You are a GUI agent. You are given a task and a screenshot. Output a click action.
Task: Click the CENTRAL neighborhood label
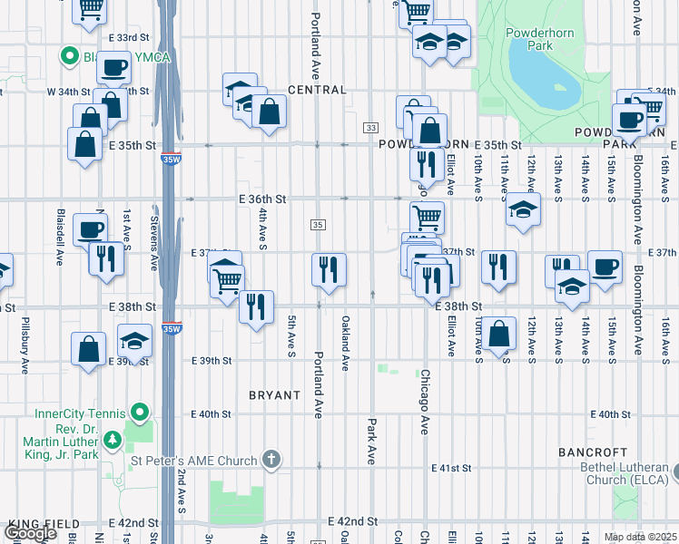pyautogui.click(x=317, y=90)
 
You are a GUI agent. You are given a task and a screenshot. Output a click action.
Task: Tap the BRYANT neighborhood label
pyautogui.click(x=274, y=395)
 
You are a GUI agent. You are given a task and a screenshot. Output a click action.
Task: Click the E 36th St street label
pyautogui.click(x=263, y=199)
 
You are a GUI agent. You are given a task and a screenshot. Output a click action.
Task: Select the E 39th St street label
pyautogui.click(x=212, y=360)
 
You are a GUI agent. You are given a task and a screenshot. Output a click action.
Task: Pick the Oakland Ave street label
pyautogui.click(x=345, y=343)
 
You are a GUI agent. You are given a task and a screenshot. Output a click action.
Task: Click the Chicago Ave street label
pyautogui.click(x=423, y=401)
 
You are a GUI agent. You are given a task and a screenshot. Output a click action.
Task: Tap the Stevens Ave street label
pyautogui.click(x=155, y=238)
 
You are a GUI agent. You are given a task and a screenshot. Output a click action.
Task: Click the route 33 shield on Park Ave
pyautogui.click(x=371, y=128)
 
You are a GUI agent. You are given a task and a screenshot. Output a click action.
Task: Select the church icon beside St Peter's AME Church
pyautogui.click(x=271, y=461)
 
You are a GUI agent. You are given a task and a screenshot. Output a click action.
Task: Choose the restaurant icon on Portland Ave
pyautogui.click(x=328, y=268)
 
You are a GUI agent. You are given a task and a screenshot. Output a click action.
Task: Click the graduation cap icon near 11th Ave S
pyautogui.click(x=523, y=209)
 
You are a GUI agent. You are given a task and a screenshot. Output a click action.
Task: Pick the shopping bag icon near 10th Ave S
pyautogui.click(x=498, y=332)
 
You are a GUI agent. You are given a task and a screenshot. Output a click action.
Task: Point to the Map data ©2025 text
pyautogui.click(x=640, y=537)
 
